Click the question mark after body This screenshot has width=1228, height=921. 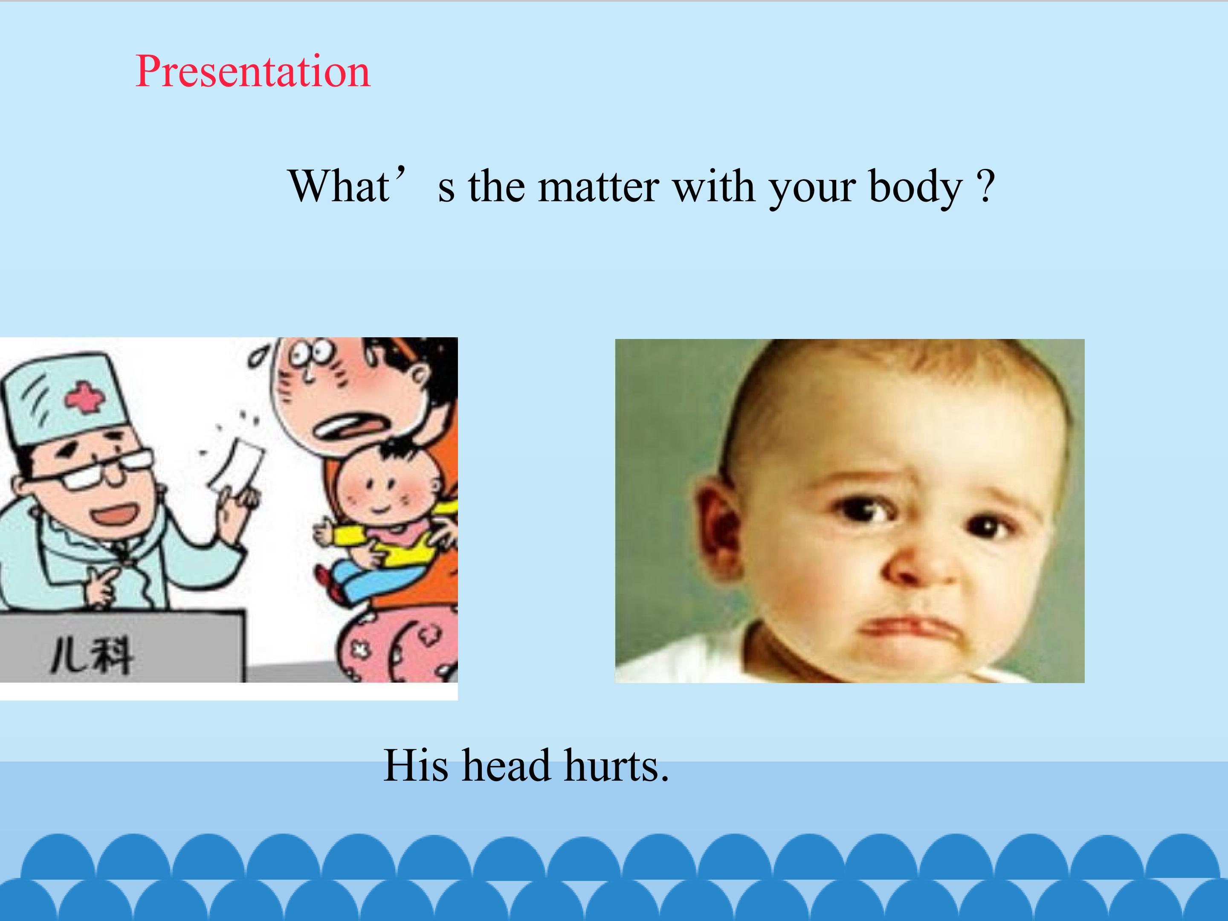986,186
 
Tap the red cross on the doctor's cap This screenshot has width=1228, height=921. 84,397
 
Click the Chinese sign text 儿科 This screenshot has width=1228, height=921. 92,656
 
